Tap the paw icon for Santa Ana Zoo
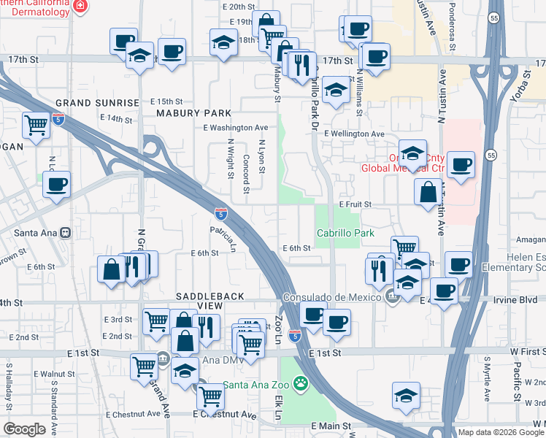(x=300, y=383)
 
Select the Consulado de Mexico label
(x=332, y=296)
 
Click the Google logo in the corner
(x=24, y=429)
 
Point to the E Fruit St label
(x=355, y=204)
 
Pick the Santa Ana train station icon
(x=65, y=233)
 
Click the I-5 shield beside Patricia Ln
(x=220, y=214)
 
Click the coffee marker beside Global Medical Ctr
(x=460, y=164)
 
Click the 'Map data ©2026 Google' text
(x=500, y=432)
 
